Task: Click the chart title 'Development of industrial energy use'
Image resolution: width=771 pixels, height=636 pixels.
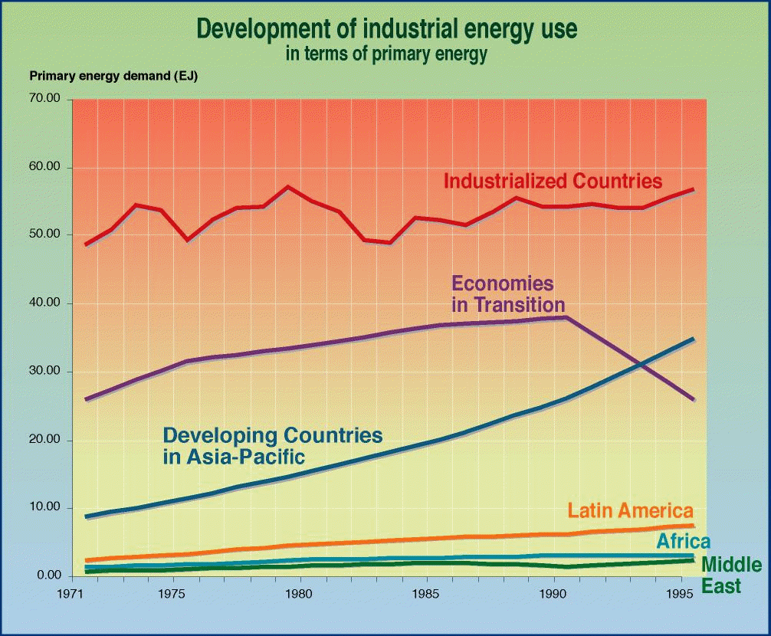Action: coord(386,29)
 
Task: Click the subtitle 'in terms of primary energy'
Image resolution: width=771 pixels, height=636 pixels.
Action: coord(386,54)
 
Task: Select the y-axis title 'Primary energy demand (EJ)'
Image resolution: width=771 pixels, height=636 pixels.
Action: coord(113,76)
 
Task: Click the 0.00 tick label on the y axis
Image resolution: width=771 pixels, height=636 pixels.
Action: coord(48,576)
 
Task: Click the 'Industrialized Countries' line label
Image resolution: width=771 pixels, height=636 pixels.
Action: coord(553,182)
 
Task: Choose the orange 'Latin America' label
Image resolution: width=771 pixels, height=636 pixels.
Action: coord(630,511)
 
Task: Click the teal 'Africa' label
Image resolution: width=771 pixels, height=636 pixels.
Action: coord(683,542)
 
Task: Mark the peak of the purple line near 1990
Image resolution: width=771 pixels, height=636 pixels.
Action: coord(566,317)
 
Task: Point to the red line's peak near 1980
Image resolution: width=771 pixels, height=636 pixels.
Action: coord(287,186)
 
